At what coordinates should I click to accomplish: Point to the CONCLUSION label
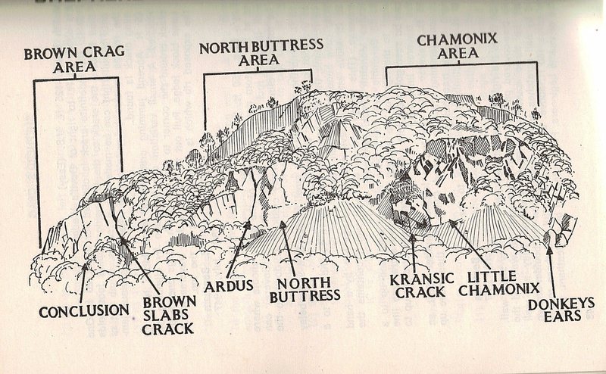(x=84, y=310)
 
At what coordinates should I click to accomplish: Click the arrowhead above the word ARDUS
(x=251, y=224)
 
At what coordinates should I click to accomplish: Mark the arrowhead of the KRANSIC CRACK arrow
(x=412, y=238)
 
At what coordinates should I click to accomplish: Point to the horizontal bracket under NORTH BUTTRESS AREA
(x=258, y=73)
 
